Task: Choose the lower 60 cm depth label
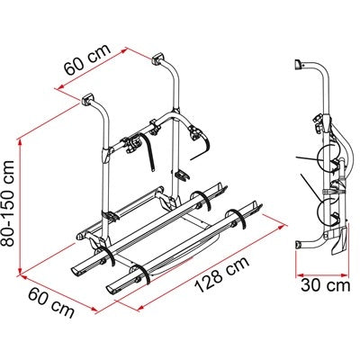point(53,307)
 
